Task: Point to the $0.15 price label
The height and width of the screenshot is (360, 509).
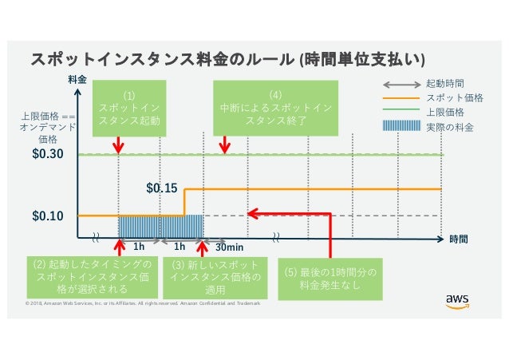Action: [x=161, y=188]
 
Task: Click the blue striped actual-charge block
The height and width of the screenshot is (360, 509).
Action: [x=160, y=226]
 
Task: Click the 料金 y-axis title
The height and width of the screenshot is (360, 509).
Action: [x=77, y=80]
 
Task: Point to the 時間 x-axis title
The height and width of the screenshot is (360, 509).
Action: [x=458, y=239]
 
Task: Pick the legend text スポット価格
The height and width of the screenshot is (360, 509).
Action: [x=450, y=97]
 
